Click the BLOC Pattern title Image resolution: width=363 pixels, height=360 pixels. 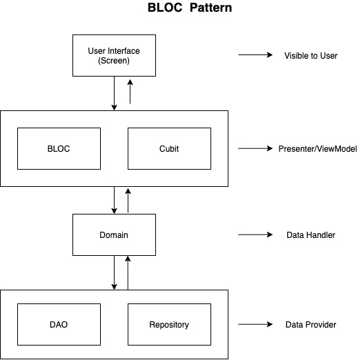[x=190, y=8]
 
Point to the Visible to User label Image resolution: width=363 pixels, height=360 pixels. [x=311, y=56]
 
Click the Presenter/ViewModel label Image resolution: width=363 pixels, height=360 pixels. [x=317, y=149]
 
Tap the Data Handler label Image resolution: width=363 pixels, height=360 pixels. [x=311, y=235]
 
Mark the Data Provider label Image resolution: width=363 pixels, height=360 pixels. [x=311, y=325]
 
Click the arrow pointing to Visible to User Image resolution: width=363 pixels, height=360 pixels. [x=255, y=55]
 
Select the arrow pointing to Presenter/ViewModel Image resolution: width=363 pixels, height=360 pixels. [x=255, y=148]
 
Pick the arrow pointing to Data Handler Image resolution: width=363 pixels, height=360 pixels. [x=255, y=234]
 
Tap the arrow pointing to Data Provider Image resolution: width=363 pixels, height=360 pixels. [x=255, y=324]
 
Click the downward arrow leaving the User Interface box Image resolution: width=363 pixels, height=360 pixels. [x=114, y=93]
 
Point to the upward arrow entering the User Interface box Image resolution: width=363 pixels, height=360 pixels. [x=130, y=92]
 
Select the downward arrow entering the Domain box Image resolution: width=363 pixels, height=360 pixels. [x=114, y=200]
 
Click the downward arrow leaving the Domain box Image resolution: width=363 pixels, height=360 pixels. [x=114, y=272]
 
